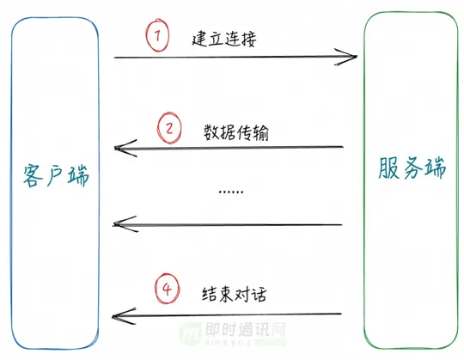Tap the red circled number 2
[x=170, y=129]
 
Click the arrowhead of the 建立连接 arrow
[x=349, y=58]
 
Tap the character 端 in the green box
[x=435, y=168]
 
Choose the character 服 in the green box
[x=388, y=168]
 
